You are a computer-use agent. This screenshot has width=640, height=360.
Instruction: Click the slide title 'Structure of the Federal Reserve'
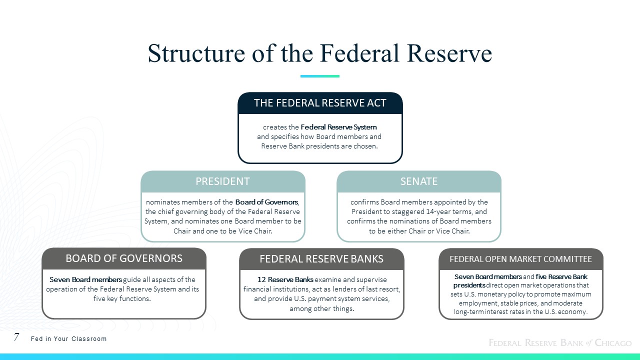click(x=319, y=53)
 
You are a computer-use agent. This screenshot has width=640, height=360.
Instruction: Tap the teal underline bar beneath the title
click(x=319, y=76)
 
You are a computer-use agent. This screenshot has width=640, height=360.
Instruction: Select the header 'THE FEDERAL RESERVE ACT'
click(x=320, y=103)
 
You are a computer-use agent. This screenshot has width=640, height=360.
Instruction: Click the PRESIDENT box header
click(x=222, y=181)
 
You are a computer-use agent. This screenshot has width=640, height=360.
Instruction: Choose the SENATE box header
click(x=419, y=181)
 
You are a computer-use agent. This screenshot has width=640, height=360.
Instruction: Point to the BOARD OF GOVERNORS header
click(x=124, y=258)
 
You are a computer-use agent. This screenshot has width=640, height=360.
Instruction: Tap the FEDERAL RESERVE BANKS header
click(x=321, y=259)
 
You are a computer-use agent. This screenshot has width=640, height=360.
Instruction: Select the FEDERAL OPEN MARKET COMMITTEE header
click(x=520, y=259)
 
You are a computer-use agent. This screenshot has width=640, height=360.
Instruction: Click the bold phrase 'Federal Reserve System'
click(x=338, y=127)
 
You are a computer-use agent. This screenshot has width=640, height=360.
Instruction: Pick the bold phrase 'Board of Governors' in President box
click(x=266, y=202)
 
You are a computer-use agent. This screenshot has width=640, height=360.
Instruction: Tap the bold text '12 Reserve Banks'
click(x=285, y=279)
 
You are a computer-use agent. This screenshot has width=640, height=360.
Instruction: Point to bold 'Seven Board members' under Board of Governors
click(x=85, y=279)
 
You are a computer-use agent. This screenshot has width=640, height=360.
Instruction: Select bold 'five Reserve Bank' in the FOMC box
click(x=561, y=277)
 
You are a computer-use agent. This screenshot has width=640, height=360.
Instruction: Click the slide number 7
click(x=16, y=337)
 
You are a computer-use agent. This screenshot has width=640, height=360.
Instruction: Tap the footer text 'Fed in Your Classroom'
click(x=68, y=339)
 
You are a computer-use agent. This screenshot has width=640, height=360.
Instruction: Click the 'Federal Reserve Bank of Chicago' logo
click(x=560, y=342)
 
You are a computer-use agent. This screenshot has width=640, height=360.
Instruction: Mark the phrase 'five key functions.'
click(x=122, y=299)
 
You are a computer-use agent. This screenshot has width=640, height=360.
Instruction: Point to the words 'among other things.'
click(x=321, y=308)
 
